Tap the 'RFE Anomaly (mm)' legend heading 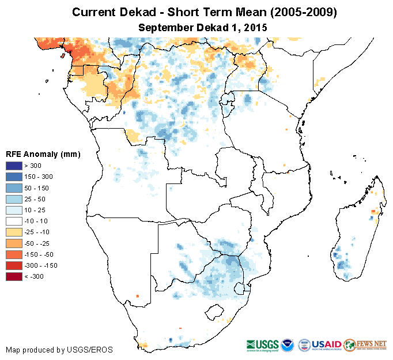click(43, 154)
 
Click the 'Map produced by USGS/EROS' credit click(59, 350)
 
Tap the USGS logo click(262, 344)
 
